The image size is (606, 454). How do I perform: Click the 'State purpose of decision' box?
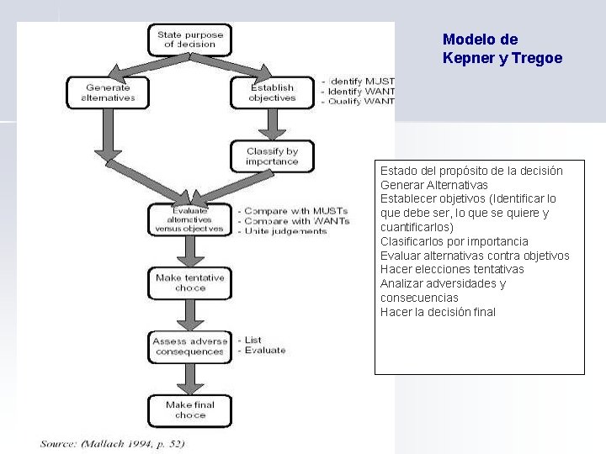[190, 40]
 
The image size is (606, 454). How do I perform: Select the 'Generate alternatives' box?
[109, 92]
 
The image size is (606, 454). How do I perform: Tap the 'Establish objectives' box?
[272, 92]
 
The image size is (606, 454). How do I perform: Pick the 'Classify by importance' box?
[272, 156]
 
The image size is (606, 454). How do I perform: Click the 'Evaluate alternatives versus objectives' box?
[189, 219]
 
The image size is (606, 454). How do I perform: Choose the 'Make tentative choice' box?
[189, 282]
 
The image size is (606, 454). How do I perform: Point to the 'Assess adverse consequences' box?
[189, 346]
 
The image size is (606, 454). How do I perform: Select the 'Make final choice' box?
[189, 409]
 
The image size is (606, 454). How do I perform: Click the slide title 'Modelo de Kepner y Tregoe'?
[502, 49]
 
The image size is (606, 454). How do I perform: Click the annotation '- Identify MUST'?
[359, 81]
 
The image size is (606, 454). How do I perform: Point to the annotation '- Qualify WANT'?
[359, 102]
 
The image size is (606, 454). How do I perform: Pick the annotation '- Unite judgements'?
[283, 231]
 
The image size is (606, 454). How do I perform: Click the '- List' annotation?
[250, 340]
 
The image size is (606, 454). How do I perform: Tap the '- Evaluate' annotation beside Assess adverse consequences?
[262, 351]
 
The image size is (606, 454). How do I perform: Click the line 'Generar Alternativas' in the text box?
[433, 185]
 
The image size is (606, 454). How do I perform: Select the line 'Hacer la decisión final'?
[438, 312]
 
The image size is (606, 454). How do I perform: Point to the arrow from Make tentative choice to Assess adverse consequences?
[189, 314]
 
